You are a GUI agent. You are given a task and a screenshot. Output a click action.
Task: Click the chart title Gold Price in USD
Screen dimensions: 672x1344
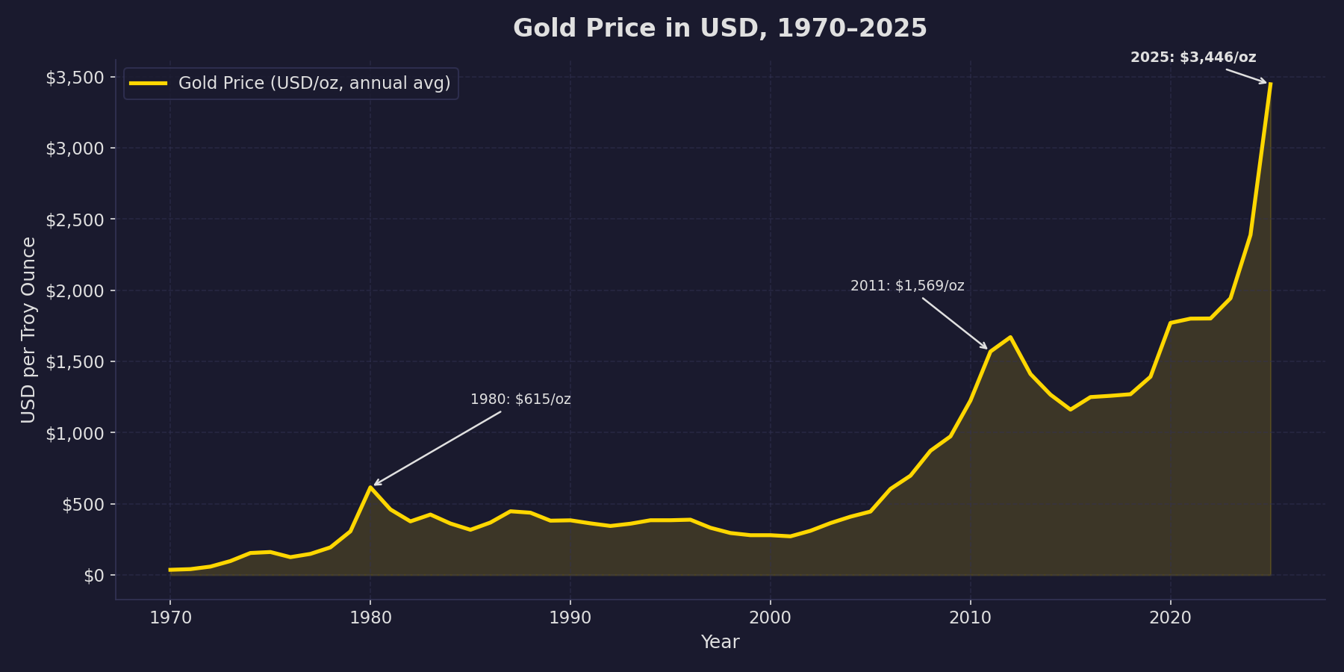point(720,28)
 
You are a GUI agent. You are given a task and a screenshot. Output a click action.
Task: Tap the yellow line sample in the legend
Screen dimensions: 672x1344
point(148,83)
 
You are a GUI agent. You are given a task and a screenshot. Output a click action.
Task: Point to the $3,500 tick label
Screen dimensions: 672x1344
point(75,78)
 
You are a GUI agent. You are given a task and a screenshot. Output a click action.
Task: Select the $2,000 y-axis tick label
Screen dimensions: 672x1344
point(75,290)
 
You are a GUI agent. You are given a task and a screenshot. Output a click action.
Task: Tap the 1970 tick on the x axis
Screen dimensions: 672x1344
point(170,617)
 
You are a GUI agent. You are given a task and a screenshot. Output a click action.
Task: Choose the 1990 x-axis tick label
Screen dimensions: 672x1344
point(570,617)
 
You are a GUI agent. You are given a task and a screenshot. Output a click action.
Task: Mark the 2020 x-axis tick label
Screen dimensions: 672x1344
point(1170,617)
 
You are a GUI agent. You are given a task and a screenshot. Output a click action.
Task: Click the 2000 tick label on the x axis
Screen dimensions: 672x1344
point(770,617)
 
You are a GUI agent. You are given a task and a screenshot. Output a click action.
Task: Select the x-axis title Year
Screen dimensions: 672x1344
point(720,642)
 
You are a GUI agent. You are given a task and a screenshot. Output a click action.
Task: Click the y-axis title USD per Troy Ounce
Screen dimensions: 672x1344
point(28,329)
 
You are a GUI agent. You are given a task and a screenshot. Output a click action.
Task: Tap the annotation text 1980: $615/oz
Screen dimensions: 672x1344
point(520,399)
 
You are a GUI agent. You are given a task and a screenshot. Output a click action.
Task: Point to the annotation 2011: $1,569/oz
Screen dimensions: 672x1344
point(907,286)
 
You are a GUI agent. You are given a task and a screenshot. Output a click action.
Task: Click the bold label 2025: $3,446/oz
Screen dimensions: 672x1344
point(1193,57)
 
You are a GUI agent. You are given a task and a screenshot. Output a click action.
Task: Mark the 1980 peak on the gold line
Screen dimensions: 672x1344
point(370,487)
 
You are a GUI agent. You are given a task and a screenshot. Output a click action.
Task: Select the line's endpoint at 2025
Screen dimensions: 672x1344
point(1270,84)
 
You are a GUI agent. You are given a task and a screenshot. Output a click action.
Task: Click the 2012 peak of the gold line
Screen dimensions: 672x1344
point(1010,337)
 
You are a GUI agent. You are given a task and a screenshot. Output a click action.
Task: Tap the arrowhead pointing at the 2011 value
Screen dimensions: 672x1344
point(985,347)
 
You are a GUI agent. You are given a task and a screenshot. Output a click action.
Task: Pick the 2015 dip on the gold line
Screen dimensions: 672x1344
point(1070,409)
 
